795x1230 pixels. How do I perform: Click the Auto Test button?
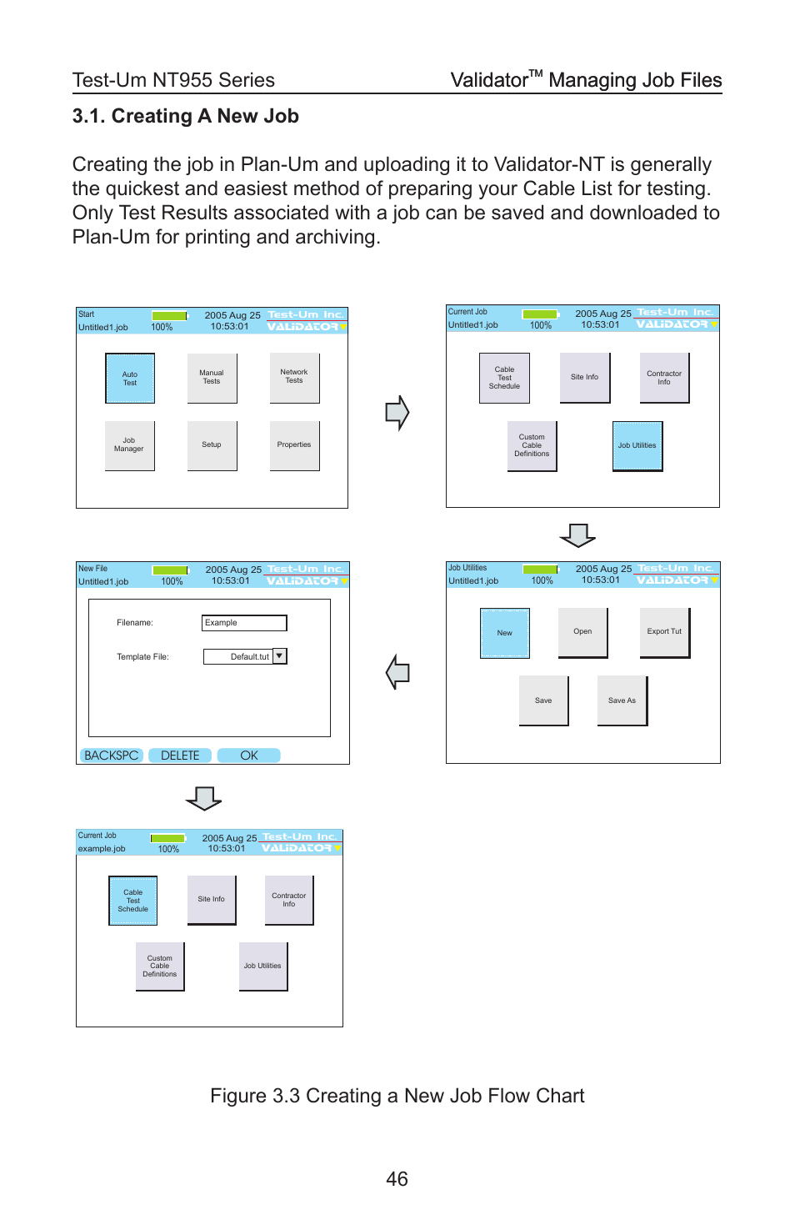(130, 379)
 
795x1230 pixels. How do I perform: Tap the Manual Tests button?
(212, 378)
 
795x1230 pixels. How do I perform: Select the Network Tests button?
(294, 377)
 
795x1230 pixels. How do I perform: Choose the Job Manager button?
(129, 445)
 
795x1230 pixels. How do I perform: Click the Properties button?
(294, 445)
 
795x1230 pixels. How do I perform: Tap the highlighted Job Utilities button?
(637, 446)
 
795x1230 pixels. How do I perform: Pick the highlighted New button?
(505, 633)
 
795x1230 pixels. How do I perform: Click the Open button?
(582, 632)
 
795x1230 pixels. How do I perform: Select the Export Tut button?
(664, 632)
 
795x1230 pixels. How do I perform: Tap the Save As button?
(622, 700)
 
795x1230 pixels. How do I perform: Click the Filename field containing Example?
(244, 623)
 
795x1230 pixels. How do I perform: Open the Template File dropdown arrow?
(280, 656)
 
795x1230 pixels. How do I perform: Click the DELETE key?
(180, 756)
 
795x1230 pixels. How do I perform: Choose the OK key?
(249, 756)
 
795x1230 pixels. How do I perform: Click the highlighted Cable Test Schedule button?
(133, 901)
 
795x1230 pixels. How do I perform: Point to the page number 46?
(397, 1179)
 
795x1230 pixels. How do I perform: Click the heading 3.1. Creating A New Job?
(186, 117)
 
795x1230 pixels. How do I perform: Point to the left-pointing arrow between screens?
(398, 672)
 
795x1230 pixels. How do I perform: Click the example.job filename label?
(102, 849)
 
